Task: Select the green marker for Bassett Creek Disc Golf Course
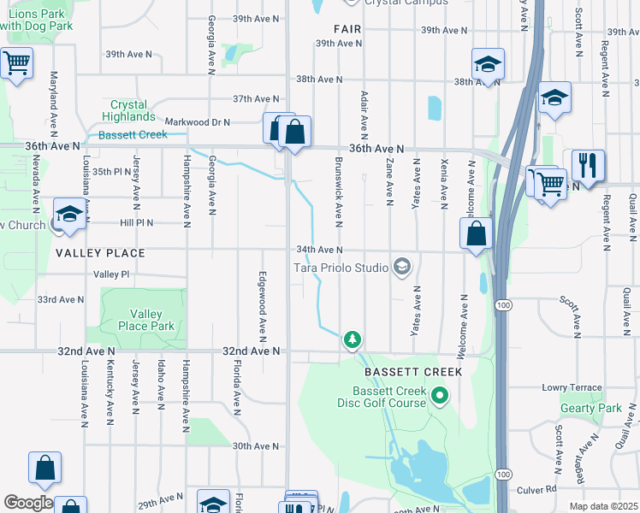440,395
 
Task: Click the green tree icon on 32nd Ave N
352,340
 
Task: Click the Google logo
27,503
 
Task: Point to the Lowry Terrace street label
572,387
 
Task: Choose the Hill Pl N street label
136,222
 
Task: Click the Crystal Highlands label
128,110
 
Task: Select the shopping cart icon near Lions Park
16,62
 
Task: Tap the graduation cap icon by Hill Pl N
69,214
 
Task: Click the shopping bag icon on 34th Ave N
476,233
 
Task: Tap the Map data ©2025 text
603,506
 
